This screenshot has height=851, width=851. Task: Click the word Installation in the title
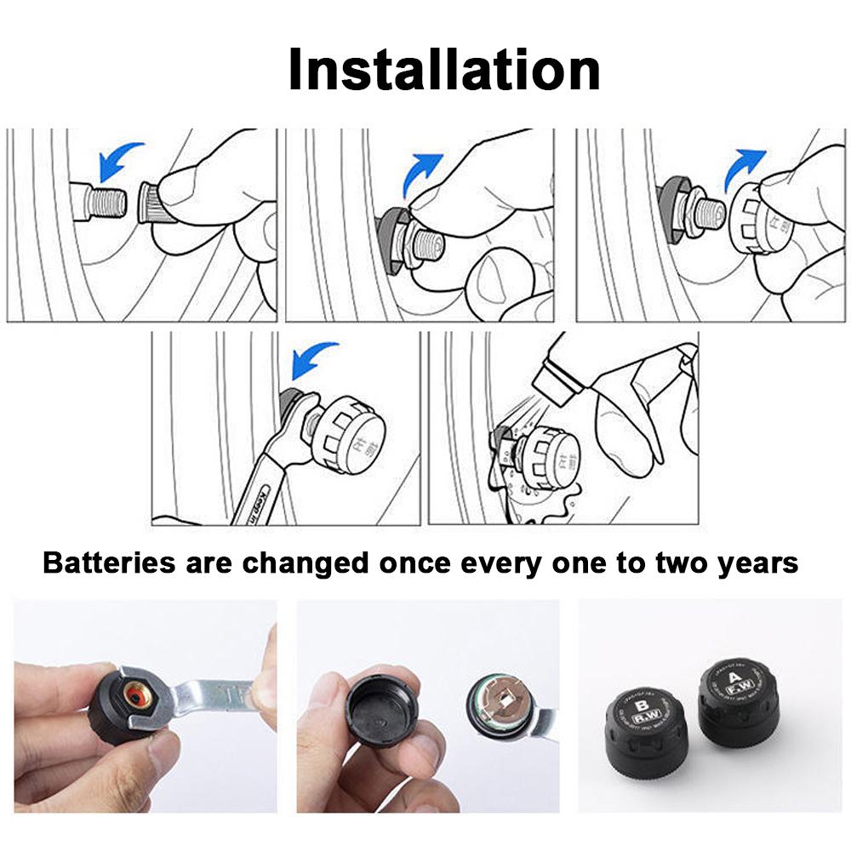pos(443,70)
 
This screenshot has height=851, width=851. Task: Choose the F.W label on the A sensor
pos(729,703)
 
